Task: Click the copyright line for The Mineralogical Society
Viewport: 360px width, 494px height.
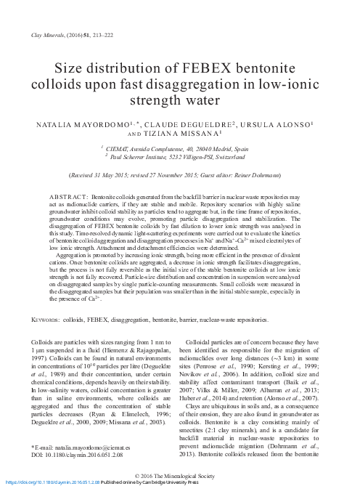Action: (x=179, y=474)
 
